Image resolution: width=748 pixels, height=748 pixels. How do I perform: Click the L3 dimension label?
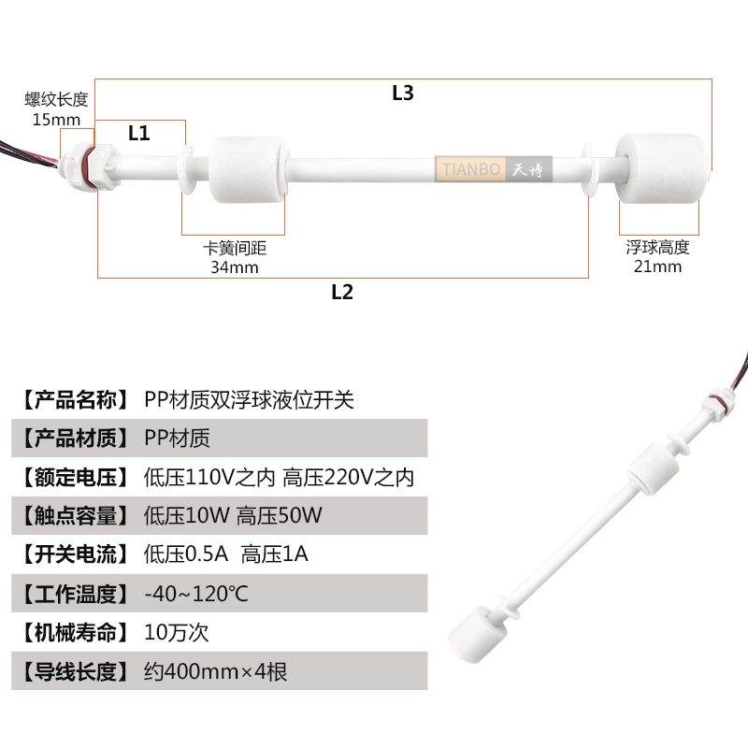tap(403, 93)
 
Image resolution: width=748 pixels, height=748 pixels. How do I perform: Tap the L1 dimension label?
tap(139, 133)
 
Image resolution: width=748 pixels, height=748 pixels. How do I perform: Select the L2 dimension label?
tap(342, 292)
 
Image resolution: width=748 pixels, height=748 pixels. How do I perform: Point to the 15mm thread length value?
tap(56, 119)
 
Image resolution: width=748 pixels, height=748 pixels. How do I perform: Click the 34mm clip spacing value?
tap(234, 267)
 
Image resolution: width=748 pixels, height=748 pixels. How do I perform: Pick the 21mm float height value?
tap(657, 266)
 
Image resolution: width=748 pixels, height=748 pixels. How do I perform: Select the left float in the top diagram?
tap(246, 169)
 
